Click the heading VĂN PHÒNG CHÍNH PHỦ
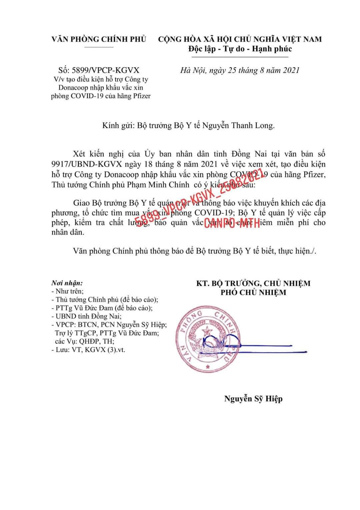[99, 39]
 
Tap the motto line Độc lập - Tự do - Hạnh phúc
[240, 49]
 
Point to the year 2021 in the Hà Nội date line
[291, 70]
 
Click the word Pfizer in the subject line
[140, 96]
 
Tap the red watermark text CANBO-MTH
[231, 223]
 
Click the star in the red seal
[208, 331]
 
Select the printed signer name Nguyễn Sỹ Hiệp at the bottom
[253, 398]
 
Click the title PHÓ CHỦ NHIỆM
[253, 293]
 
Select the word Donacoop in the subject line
[74, 88]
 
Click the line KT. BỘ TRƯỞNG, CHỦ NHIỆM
[253, 284]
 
